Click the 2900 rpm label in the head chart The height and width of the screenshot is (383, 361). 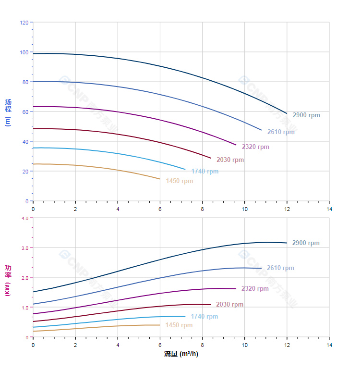(x=306, y=115)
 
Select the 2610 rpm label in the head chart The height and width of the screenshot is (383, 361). (x=281, y=132)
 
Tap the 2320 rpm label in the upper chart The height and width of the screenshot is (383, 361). (x=255, y=147)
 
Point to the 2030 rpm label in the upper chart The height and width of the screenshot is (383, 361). (x=230, y=160)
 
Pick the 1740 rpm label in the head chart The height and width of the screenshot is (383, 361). (x=205, y=172)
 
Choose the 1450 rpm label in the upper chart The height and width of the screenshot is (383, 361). (x=179, y=181)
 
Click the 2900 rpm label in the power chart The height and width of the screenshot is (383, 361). (x=306, y=243)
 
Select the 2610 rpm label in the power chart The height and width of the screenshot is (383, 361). (x=280, y=268)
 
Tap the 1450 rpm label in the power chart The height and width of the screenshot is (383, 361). (x=179, y=325)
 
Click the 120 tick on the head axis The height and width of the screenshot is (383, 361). (x=24, y=23)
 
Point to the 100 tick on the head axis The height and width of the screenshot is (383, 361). (x=24, y=52)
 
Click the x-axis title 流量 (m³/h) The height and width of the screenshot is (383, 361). (x=181, y=354)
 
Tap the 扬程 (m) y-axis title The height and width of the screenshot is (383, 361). (x=8, y=111)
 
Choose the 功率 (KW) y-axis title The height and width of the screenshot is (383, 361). (x=8, y=280)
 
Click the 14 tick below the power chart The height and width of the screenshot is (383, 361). (x=329, y=345)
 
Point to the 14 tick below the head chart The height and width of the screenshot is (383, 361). (x=329, y=209)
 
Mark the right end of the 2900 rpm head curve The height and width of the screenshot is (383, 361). (x=287, y=113)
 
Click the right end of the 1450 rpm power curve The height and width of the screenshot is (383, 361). (x=160, y=325)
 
